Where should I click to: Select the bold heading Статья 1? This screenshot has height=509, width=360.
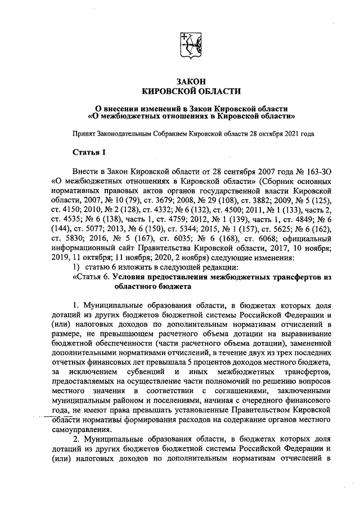click(x=89, y=152)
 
